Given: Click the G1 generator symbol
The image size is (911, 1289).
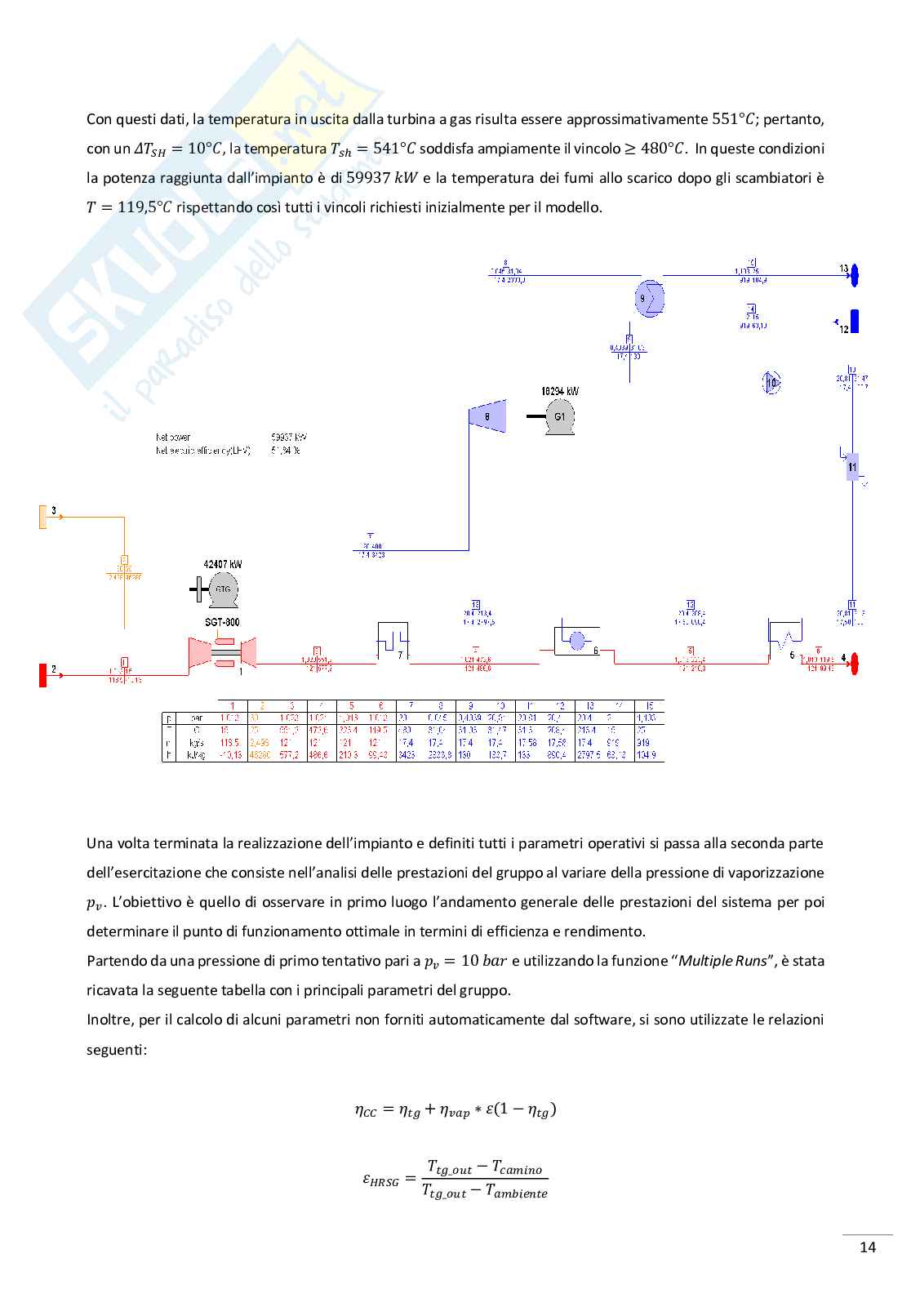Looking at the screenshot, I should click(560, 418).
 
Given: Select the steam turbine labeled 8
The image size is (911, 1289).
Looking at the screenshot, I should click(488, 416).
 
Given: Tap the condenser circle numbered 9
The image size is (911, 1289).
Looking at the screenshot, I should click(650, 298).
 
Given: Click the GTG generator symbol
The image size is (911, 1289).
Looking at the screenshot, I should click(223, 589).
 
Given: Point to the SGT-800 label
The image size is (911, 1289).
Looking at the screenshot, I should click(222, 622).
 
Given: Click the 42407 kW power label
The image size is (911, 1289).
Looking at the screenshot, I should click(222, 564).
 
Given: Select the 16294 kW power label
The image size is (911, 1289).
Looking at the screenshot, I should click(560, 391).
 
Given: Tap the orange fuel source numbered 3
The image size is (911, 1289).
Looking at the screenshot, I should click(43, 517).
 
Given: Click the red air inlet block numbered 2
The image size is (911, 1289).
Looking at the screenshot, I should click(42, 675).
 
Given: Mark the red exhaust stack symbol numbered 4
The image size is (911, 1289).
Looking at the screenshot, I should click(855, 664).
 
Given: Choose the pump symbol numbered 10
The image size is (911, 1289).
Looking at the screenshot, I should click(771, 382).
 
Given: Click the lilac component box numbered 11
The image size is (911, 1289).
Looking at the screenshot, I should click(852, 467).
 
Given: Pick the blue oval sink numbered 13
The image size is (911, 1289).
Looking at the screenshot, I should click(854, 275).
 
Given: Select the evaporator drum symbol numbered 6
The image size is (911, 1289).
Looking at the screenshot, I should click(576, 640).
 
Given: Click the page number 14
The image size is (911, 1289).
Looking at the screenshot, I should click(868, 1247).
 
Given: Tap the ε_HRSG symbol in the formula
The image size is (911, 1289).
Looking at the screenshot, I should click(380, 1180).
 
